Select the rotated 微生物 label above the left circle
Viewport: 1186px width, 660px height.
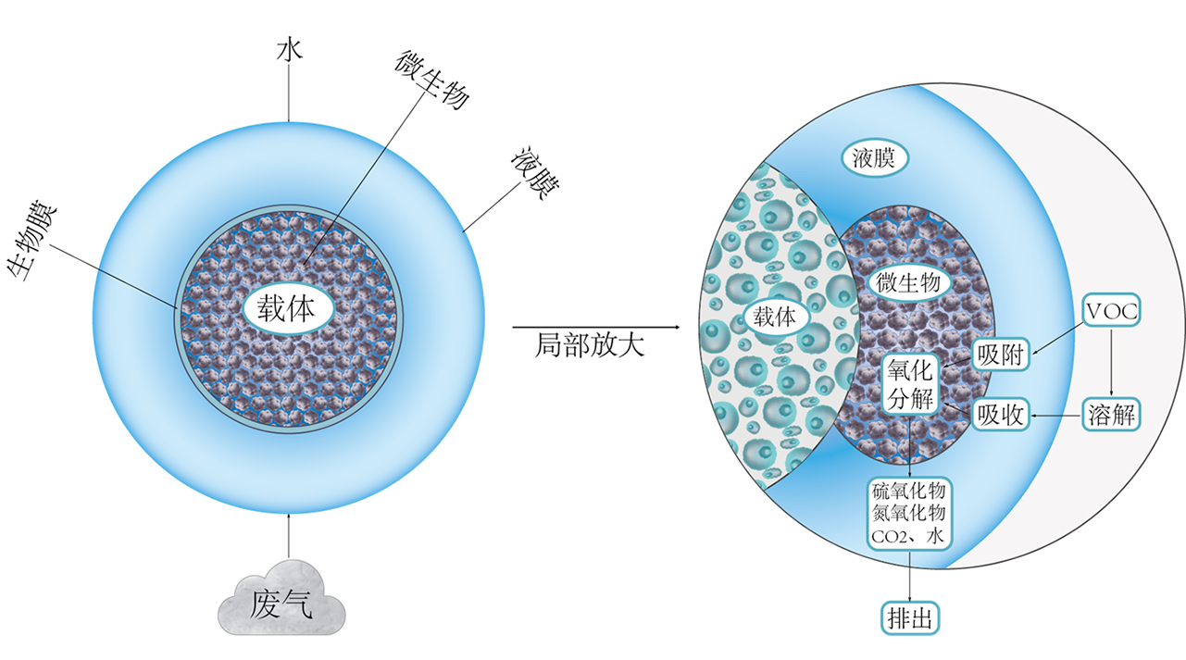431,80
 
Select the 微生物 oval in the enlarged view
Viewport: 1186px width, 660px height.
908,282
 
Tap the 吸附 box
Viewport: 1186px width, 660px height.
1001,355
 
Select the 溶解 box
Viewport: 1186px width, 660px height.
1111,416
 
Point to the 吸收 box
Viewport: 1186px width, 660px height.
1001,416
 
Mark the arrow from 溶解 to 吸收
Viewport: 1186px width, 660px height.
1056,416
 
